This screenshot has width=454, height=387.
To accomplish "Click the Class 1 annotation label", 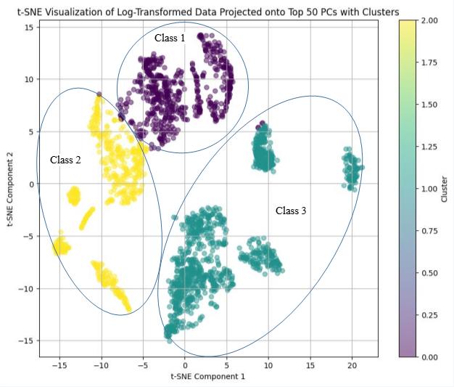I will click(170, 38).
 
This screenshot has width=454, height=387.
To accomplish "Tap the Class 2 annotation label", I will click(65, 160).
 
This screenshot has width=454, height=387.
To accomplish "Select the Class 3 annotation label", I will click(291, 211).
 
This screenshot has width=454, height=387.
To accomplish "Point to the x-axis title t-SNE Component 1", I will click(208, 376).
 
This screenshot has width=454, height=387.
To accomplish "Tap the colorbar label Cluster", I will click(444, 189).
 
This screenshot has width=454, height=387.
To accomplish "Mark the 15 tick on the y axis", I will click(30, 27).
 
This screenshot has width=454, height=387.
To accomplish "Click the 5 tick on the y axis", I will click(32, 131).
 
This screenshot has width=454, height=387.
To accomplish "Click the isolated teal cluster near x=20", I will click(352, 169).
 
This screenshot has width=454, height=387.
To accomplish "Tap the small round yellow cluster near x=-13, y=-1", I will click(73, 195).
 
